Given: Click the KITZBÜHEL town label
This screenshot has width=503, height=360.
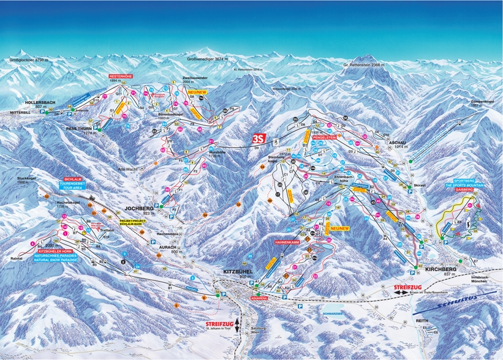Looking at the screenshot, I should (x=236, y=271).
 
